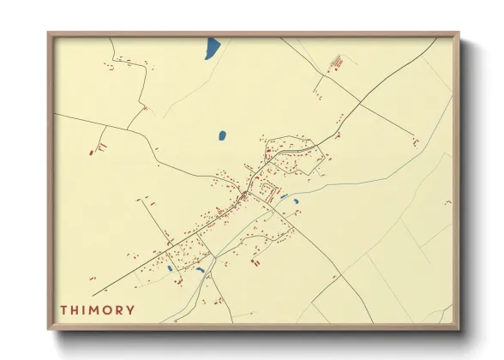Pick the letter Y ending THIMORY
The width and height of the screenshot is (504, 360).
[x=130, y=309]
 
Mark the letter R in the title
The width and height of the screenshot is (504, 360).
[x=118, y=309]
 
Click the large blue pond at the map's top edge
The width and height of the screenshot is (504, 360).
[x=213, y=49]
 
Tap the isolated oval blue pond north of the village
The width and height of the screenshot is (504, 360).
[x=222, y=135]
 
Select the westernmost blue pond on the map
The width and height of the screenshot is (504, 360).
[x=171, y=268]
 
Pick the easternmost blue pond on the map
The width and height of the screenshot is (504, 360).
[x=296, y=201]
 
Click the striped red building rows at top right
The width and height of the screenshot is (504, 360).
[x=336, y=63]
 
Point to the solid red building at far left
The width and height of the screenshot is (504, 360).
[x=91, y=153]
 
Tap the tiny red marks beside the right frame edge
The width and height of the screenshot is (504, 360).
[x=446, y=202]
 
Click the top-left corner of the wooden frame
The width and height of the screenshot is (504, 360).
[x=49, y=33]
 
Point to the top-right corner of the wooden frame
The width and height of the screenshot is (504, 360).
[x=459, y=33]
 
